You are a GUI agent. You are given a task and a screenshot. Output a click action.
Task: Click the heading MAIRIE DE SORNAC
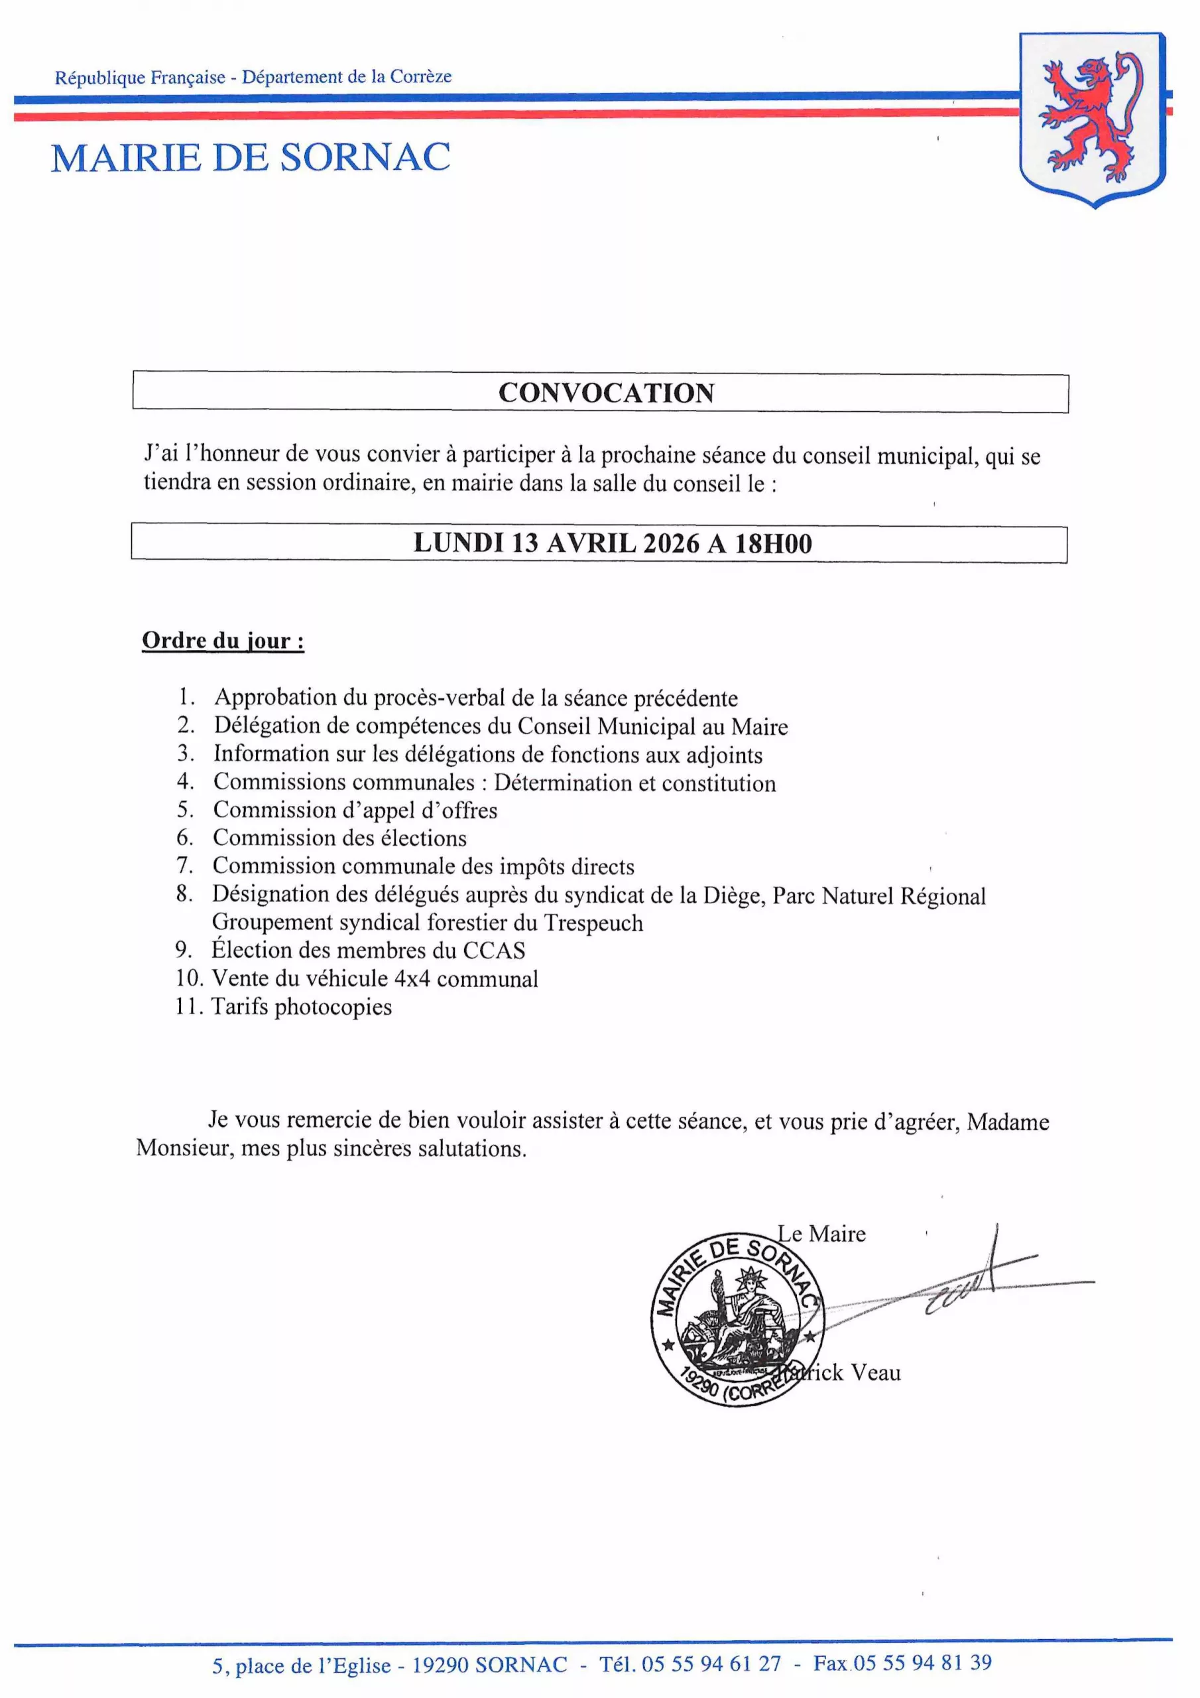click(251, 157)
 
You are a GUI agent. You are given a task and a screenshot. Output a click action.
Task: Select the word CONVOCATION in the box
click(606, 393)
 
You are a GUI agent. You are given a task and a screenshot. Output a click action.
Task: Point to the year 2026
click(672, 544)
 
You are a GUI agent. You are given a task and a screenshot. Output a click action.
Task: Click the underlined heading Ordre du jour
click(223, 641)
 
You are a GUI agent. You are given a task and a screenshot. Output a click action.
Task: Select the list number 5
click(185, 810)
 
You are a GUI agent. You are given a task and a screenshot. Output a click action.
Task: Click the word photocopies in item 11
click(333, 1008)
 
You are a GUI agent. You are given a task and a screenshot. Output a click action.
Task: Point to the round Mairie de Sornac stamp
click(737, 1319)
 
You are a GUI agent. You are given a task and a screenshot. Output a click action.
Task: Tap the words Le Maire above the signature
click(821, 1234)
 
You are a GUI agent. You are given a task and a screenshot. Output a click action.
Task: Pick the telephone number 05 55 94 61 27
click(711, 1664)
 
